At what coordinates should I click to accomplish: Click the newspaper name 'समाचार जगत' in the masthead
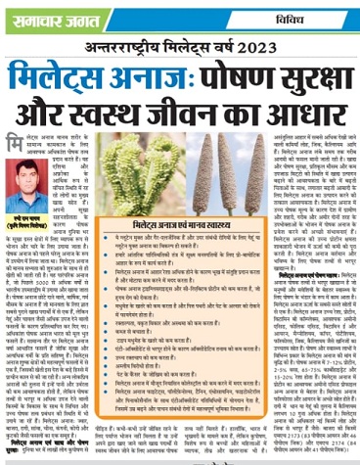[45, 12]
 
